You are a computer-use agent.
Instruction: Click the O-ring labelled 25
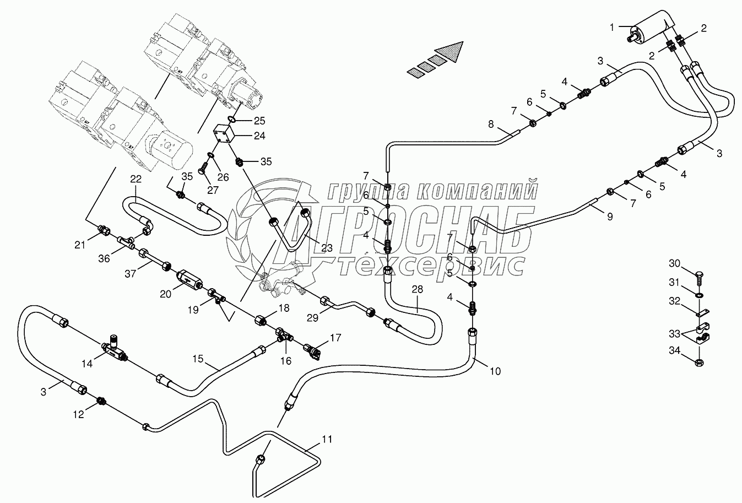[x=232, y=119]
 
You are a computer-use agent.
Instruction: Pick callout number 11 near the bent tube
[x=327, y=439]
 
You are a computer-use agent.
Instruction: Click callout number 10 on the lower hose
[x=495, y=371]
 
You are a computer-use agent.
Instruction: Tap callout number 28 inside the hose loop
[x=417, y=289]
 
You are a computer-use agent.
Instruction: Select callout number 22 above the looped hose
[x=136, y=179]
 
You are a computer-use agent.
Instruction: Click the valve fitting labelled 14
[x=113, y=346]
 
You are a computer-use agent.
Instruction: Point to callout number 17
[x=335, y=337]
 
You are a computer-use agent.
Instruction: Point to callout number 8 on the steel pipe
[x=491, y=124]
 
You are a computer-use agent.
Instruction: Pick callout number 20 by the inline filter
[x=166, y=294]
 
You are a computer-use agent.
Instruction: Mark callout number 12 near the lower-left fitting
[x=79, y=414]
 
